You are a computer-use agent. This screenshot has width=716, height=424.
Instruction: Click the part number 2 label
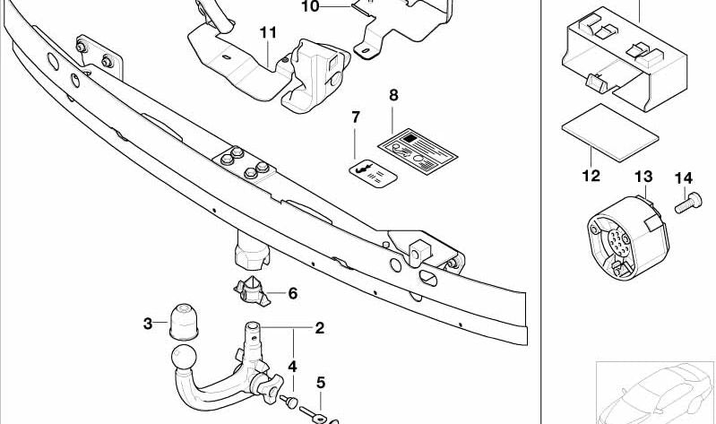[318, 328]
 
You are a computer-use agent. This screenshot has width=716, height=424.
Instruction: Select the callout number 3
[148, 324]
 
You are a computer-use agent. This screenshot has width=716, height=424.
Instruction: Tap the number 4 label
[292, 366]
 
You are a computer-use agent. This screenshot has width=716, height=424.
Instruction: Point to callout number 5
[320, 383]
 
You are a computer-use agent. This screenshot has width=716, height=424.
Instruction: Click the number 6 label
[292, 292]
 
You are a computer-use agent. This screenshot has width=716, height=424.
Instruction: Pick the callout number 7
[355, 117]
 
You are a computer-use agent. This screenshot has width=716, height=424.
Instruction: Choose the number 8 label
[393, 94]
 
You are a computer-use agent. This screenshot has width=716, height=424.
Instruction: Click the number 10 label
[309, 6]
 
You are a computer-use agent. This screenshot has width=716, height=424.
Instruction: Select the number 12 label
[591, 176]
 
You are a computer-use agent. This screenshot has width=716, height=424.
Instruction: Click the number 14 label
[684, 176]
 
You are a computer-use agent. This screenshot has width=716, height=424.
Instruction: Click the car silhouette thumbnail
[657, 392]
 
